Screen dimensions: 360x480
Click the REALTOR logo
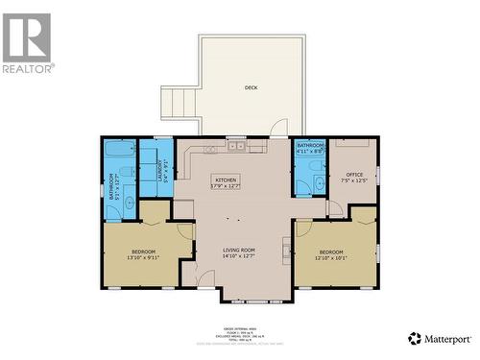[27, 42]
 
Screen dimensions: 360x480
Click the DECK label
[251, 87]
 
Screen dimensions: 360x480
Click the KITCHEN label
[226, 182]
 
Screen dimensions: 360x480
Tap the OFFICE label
[354, 178]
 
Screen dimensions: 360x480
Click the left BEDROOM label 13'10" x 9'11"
[140, 254]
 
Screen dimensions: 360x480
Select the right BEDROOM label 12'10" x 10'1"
[332, 254]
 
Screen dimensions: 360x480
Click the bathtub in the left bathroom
[121, 151]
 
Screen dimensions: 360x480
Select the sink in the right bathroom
[317, 183]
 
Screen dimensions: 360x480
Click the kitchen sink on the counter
[234, 147]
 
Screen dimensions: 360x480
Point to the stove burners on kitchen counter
[257, 147]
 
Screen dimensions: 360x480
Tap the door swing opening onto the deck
[278, 128]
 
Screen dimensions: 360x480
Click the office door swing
[335, 207]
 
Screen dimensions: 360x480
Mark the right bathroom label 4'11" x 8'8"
[310, 148]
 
